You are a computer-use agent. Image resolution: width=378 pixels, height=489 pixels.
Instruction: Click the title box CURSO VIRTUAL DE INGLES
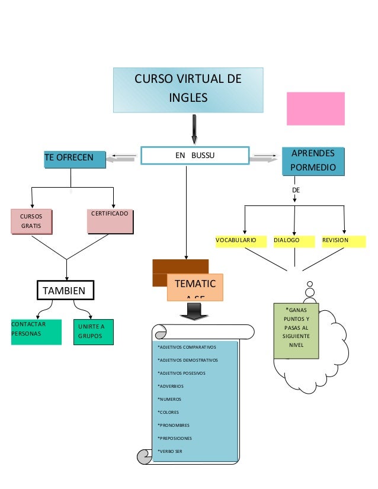188,89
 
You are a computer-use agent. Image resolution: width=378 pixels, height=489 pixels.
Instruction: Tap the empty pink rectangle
315,108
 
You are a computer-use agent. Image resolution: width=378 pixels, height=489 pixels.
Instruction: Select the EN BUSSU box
195,155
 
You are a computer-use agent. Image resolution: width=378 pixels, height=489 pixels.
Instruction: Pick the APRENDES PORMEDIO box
313,160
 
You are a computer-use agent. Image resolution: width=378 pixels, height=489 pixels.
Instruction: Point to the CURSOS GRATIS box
31,221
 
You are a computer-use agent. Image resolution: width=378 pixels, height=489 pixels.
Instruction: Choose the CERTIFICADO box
111,220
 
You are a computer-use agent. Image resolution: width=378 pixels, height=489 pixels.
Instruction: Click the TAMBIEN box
65,290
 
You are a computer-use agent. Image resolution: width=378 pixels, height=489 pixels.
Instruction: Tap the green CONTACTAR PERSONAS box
36,332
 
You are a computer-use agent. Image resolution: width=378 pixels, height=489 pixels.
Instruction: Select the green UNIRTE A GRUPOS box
92,332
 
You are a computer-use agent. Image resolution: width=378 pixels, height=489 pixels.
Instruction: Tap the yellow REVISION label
342,241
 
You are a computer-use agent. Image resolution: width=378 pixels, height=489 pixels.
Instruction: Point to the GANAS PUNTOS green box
296,330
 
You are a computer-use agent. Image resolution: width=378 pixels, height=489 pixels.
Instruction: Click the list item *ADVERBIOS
171,386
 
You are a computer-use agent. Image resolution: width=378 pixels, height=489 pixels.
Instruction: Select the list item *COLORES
168,412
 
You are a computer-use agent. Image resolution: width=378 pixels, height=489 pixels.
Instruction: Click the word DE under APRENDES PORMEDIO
296,191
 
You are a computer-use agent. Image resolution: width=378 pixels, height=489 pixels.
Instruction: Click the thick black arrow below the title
194,129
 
